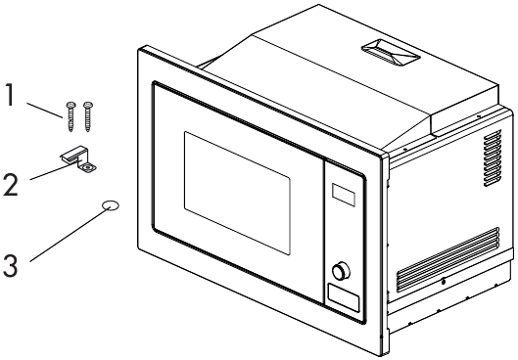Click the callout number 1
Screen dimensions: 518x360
click(x=11, y=95)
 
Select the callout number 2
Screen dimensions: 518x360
click(x=10, y=185)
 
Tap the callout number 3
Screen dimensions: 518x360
click(x=10, y=265)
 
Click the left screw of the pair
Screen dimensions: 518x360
click(x=71, y=116)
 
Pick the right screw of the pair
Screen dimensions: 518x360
click(x=88, y=116)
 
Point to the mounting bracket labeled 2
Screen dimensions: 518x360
click(x=79, y=159)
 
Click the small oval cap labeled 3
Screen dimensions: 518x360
click(x=111, y=205)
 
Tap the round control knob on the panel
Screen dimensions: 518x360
click(x=341, y=271)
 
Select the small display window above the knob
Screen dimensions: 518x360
click(x=344, y=195)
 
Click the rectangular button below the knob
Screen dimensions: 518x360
click(x=344, y=297)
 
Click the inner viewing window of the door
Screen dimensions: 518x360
click(x=237, y=193)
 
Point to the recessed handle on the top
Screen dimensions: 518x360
click(x=391, y=53)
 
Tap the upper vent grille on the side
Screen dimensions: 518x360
click(x=493, y=157)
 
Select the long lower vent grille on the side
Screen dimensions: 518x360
click(x=447, y=259)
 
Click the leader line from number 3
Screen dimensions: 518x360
click(x=71, y=235)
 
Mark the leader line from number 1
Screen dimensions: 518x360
click(x=45, y=111)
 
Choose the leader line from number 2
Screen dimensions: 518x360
click(x=53, y=171)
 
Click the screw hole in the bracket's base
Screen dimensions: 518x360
click(x=87, y=168)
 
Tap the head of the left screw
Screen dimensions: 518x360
click(x=71, y=105)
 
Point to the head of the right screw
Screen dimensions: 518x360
click(x=88, y=105)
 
